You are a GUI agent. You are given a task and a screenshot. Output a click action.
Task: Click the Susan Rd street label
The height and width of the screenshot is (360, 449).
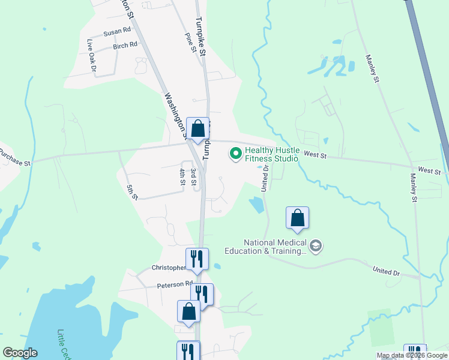[117, 31]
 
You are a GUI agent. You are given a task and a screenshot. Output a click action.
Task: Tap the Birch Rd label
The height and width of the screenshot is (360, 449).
[125, 45]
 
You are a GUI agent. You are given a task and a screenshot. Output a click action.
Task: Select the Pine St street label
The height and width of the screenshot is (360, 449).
[190, 43]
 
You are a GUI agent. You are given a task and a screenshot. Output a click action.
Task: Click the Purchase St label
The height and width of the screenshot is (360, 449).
[15, 157]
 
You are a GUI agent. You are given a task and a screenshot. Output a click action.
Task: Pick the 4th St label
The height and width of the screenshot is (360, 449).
[182, 176]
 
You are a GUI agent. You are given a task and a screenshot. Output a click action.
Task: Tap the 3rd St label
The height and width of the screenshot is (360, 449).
[193, 177]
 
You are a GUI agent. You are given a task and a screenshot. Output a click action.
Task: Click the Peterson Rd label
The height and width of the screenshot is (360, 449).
[175, 284]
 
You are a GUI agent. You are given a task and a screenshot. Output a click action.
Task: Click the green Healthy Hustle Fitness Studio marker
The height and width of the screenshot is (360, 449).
[236, 154]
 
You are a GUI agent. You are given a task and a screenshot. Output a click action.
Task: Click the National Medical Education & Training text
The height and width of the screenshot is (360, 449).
[267, 247]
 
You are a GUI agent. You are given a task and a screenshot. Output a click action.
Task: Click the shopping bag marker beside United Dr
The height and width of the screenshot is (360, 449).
[297, 218]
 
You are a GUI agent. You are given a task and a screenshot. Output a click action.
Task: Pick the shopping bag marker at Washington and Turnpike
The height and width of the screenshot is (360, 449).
[197, 128]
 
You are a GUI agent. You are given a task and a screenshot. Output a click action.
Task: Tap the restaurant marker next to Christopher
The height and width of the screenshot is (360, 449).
[197, 259]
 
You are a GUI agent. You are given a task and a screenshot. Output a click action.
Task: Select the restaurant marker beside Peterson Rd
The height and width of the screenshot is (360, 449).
[202, 295]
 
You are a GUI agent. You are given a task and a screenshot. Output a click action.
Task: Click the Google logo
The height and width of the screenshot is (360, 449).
[20, 353]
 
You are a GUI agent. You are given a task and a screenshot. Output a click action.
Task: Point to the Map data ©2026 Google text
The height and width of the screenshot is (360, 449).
[411, 355]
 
